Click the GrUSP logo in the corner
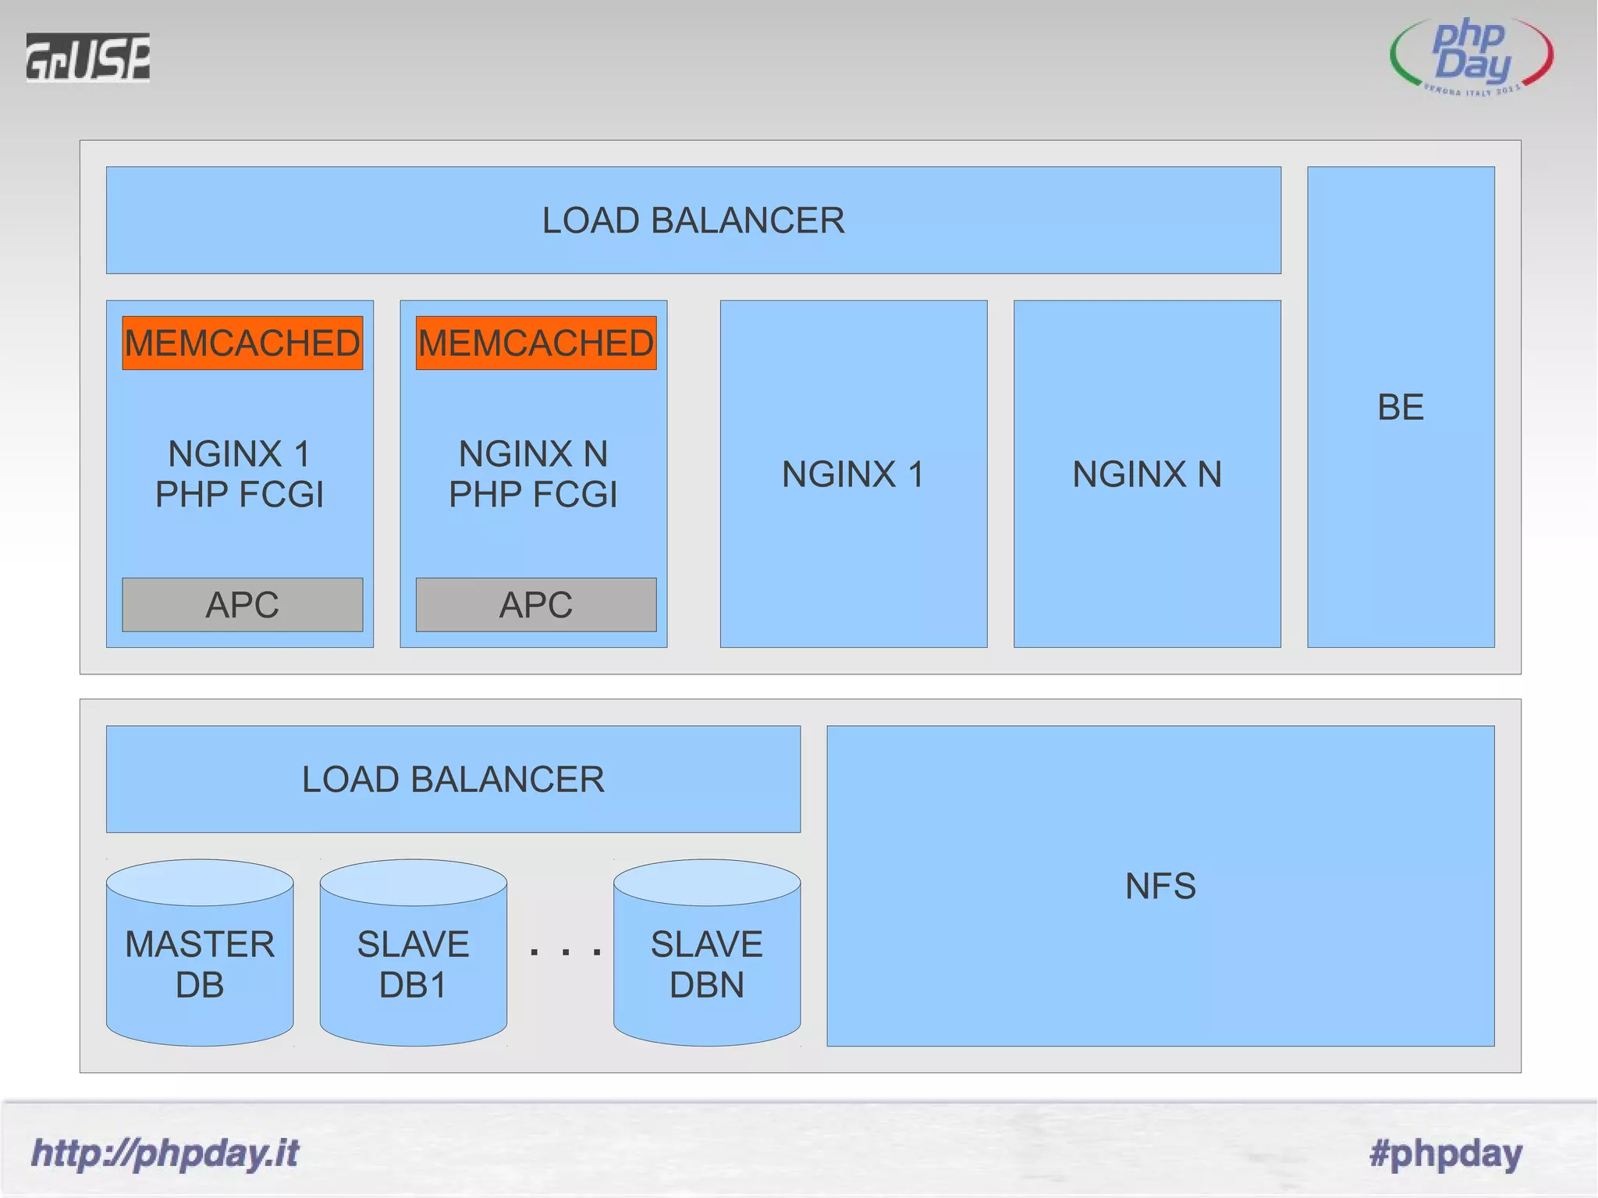click(x=87, y=57)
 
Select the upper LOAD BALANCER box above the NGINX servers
click(x=693, y=220)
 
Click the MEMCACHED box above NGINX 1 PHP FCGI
click(x=242, y=343)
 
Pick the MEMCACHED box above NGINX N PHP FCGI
click(x=536, y=343)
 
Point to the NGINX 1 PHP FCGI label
click(x=240, y=474)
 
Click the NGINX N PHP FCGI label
click(x=533, y=474)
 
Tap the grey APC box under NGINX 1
click(x=242, y=605)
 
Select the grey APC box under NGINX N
click(x=536, y=605)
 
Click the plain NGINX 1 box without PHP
click(x=853, y=474)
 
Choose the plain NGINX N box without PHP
click(x=1147, y=474)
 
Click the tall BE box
click(x=1401, y=407)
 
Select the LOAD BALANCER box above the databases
click(x=453, y=779)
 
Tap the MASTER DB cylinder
click(x=200, y=964)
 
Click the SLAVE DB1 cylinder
click(x=413, y=964)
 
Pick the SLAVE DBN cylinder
click(x=707, y=964)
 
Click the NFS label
click(x=1160, y=886)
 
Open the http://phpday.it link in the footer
click(x=165, y=1153)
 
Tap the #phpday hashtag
click(x=1446, y=1153)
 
